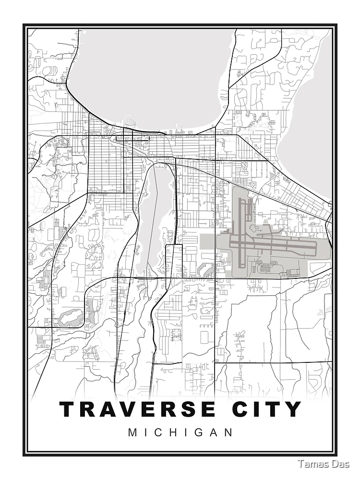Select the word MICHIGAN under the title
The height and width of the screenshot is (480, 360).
pos(180,432)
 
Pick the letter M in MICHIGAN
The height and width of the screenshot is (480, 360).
pos(132,432)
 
